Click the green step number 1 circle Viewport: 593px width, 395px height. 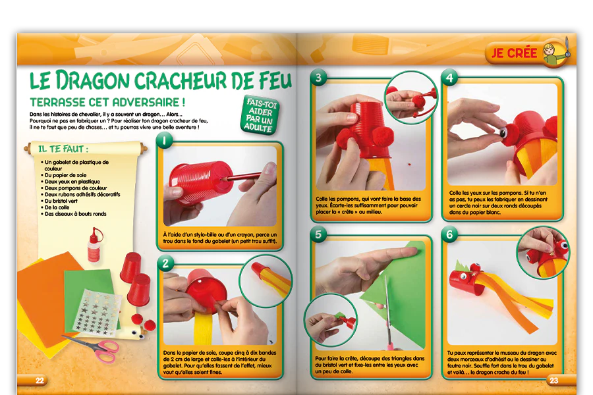(164, 141)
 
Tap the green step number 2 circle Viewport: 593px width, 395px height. (165, 263)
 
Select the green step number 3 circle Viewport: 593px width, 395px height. (318, 78)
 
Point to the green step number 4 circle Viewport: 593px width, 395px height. (449, 78)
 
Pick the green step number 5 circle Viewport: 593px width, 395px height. (318, 234)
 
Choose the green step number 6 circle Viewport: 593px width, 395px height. (449, 234)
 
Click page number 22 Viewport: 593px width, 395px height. (40, 381)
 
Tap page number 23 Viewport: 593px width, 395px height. (553, 381)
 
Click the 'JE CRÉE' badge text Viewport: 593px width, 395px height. (514, 53)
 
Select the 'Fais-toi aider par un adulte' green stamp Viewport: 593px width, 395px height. (260, 115)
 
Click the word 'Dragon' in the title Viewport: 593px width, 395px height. (93, 80)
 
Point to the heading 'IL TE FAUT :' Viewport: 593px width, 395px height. (63, 149)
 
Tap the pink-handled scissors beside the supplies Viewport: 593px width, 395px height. (94, 346)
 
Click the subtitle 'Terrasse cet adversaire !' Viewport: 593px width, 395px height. (107, 102)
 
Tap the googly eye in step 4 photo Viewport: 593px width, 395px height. (503, 132)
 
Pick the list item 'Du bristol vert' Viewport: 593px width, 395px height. (61, 201)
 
